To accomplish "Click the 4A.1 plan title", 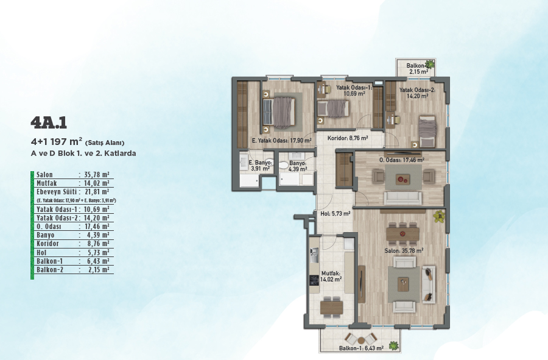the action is (x=49, y=122).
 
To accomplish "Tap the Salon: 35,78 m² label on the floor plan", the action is (x=404, y=250).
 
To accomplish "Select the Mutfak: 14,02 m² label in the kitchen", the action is (x=331, y=277).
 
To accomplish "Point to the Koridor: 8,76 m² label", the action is (x=348, y=138).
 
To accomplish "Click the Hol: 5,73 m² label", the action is (x=335, y=213).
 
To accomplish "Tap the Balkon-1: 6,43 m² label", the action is (x=361, y=348).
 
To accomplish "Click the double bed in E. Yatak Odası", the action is (x=279, y=113).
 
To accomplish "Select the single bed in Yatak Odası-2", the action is (x=427, y=132).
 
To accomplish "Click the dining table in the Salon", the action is (x=402, y=233).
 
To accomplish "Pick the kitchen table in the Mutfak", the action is (x=331, y=307).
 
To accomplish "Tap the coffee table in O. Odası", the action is (x=402, y=180).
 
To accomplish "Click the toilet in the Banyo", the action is (x=284, y=165).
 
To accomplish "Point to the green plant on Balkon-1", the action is (x=394, y=345).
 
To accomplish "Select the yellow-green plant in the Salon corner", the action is (x=439, y=216).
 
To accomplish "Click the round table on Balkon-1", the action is (x=360, y=339).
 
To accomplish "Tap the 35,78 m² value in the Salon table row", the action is (x=97, y=174).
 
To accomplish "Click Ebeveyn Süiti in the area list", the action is (x=57, y=192).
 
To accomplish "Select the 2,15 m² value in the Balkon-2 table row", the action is (x=98, y=269).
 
